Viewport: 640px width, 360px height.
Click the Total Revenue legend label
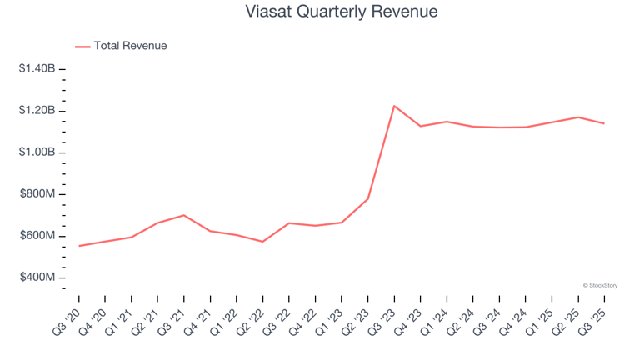130,46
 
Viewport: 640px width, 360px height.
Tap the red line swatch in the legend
82,47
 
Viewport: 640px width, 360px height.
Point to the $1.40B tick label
37,69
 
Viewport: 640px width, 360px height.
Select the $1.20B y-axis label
37,111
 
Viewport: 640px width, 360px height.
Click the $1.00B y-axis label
37,152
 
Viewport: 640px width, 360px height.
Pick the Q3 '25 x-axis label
592,317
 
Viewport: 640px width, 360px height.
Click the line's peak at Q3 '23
394,106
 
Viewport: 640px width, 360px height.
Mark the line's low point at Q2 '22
262,242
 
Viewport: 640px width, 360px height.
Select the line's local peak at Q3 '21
184,215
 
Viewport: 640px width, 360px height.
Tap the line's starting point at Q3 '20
79,246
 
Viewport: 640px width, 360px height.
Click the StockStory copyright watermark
600,285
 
